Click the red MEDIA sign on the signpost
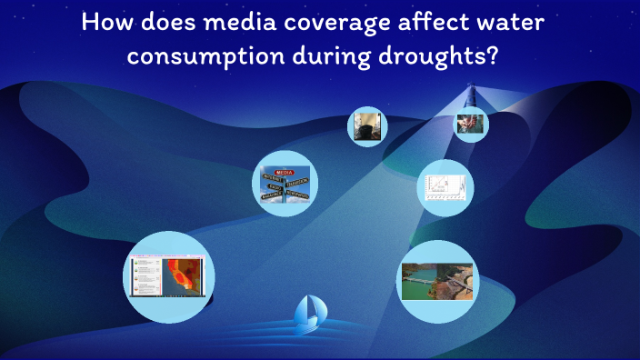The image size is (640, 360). [x=284, y=170]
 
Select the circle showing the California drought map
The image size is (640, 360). [x=168, y=276]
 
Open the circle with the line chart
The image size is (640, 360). [x=445, y=187]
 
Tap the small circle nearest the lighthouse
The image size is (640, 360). [x=471, y=125]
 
